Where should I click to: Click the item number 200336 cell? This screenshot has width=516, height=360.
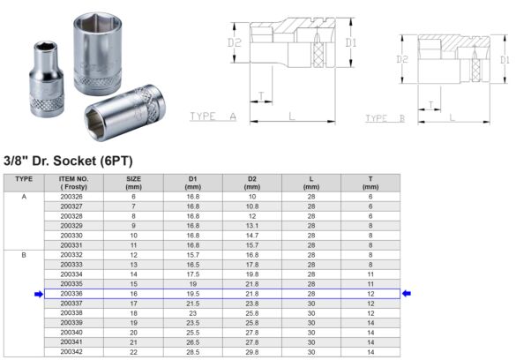click(71, 293)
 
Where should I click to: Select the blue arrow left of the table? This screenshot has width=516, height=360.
click(38, 294)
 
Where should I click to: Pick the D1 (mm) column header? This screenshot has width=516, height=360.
click(192, 182)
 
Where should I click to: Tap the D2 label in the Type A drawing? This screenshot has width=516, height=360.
click(235, 42)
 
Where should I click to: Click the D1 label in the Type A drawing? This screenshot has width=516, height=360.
click(350, 41)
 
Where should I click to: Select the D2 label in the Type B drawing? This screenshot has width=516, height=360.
click(401, 59)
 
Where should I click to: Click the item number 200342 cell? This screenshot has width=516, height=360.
click(71, 351)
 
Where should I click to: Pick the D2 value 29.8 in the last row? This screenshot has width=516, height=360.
click(251, 351)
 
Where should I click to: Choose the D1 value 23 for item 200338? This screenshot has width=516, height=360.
click(192, 312)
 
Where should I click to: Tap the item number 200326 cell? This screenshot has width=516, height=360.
click(71, 196)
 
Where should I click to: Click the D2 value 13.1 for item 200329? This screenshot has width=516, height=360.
click(251, 225)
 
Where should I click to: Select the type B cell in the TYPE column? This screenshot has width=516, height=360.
click(25, 254)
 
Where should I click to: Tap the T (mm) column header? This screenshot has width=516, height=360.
click(370, 182)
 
